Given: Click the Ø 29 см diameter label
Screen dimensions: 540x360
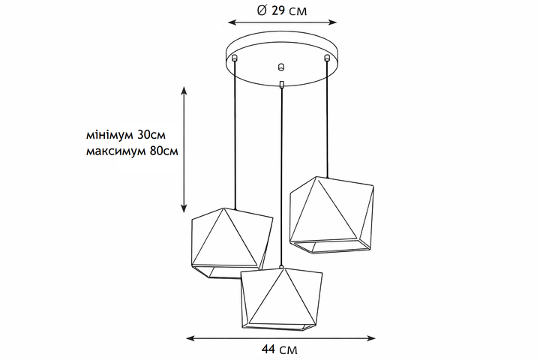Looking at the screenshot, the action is point(282,10).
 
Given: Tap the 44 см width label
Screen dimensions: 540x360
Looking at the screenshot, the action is point(279,349).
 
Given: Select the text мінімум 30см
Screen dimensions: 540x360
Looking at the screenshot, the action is point(126,134).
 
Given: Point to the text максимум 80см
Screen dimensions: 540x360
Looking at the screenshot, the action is point(132,151).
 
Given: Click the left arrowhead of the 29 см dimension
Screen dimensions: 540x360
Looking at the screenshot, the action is point(232,22).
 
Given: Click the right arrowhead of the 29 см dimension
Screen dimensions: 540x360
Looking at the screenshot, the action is point(333,22).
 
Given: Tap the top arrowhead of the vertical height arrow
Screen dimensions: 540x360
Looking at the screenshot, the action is point(184,90).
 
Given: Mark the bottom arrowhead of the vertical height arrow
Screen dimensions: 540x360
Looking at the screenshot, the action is point(184,208).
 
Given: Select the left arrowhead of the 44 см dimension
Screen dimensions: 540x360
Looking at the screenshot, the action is point(190,338).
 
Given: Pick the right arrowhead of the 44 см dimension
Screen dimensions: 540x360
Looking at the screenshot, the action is point(371,338).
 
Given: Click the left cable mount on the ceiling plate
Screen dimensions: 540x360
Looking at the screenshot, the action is point(235,58).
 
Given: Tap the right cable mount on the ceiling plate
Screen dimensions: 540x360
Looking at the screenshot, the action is point(327,58).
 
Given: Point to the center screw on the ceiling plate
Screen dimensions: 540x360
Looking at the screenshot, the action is point(281,67).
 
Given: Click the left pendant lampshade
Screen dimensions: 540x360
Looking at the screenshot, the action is point(232,243).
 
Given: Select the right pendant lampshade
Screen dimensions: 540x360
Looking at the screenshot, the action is point(332,215).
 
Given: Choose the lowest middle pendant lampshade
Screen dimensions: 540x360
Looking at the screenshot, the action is point(282,299).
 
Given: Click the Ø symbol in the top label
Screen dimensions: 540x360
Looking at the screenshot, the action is point(262,10).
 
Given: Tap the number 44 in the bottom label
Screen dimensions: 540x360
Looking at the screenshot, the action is point(268,349).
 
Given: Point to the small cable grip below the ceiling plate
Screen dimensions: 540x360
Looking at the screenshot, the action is point(282,85).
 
